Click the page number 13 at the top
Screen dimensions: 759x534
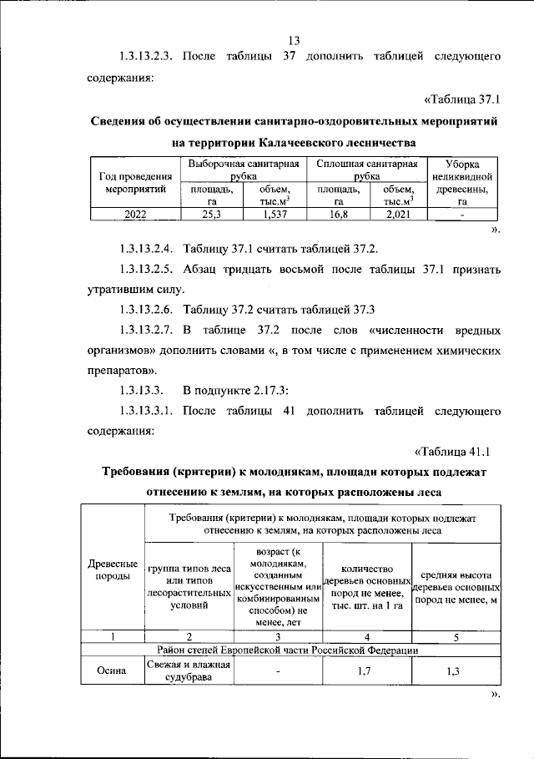294,39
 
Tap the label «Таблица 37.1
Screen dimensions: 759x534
461,99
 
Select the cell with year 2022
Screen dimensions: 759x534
133,214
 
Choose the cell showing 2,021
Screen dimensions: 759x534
400,214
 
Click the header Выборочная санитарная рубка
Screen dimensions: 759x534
243,170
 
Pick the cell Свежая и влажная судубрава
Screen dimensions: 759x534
188,670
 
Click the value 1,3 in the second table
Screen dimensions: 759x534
454,670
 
